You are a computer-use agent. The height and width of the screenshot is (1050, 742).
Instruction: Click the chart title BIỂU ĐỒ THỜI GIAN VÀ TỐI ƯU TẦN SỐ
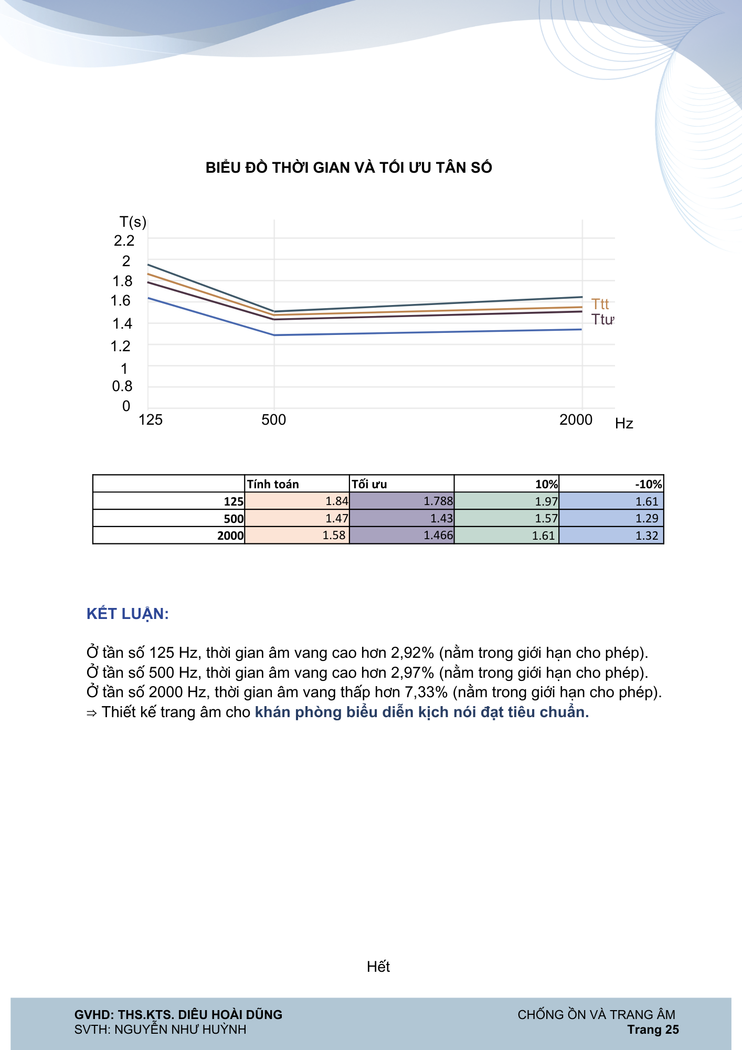coord(349,167)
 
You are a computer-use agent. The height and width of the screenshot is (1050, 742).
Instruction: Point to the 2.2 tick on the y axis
coord(124,240)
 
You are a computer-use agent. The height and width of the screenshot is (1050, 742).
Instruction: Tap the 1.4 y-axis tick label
coord(122,323)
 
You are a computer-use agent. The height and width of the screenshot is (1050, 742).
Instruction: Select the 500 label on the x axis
coord(273,420)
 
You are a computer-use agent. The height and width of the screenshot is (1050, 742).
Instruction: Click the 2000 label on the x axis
coord(576,420)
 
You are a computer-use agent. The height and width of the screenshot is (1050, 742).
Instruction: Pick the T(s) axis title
coord(133,222)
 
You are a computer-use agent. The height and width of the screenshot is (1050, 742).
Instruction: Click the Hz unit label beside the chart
coord(624,424)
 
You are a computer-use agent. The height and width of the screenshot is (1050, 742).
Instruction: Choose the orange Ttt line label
coord(600,304)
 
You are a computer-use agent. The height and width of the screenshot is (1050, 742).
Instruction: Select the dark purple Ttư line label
coord(602,319)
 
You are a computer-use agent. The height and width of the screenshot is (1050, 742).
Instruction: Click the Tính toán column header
coord(273,484)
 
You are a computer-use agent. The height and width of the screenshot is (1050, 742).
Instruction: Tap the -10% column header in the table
coord(649,484)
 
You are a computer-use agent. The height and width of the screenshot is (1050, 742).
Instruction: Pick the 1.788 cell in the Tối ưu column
coord(438,501)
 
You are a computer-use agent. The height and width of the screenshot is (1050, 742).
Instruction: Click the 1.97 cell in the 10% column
coord(546,501)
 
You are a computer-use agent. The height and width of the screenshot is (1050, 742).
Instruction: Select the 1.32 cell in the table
coord(646,535)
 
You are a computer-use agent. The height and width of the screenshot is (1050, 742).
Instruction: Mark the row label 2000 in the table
coord(231,535)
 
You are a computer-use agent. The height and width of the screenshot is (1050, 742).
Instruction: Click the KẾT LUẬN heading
coord(128,614)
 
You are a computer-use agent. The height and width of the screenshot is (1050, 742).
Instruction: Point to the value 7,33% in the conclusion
coord(426,692)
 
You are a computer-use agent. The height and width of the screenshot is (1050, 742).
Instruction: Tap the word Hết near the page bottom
coord(378,967)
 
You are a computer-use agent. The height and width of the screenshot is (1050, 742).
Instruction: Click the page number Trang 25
coord(653,1030)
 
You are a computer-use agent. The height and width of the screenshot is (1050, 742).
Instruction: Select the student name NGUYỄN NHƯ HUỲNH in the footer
coord(181,1030)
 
